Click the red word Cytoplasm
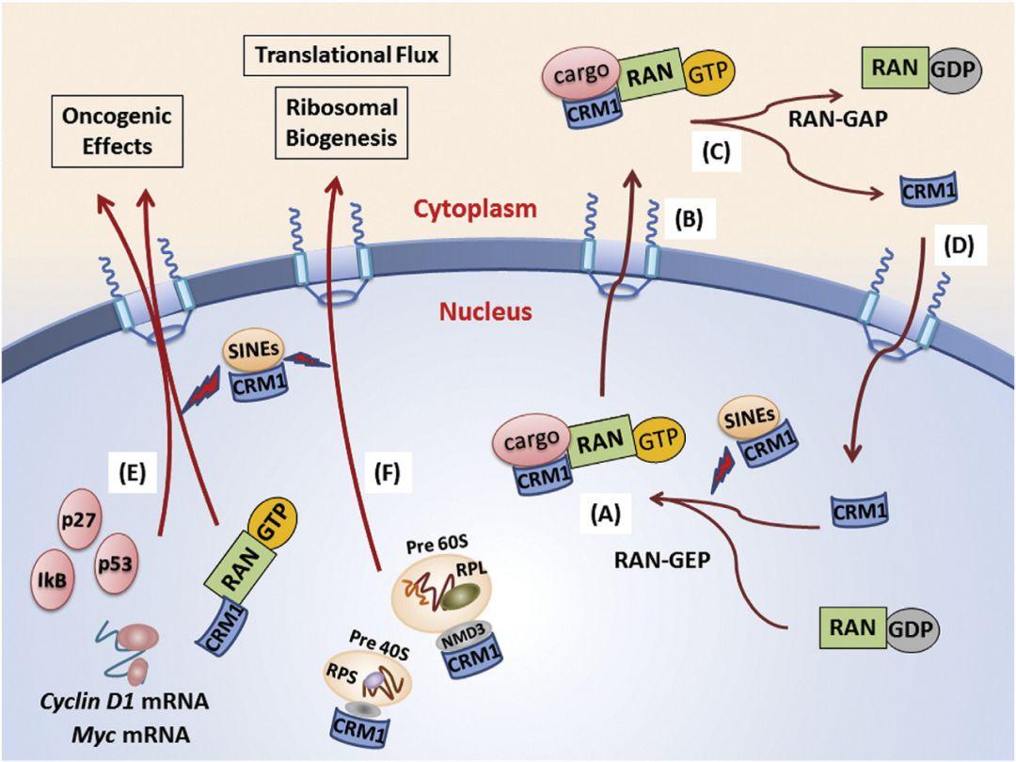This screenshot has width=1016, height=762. [x=489, y=209]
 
